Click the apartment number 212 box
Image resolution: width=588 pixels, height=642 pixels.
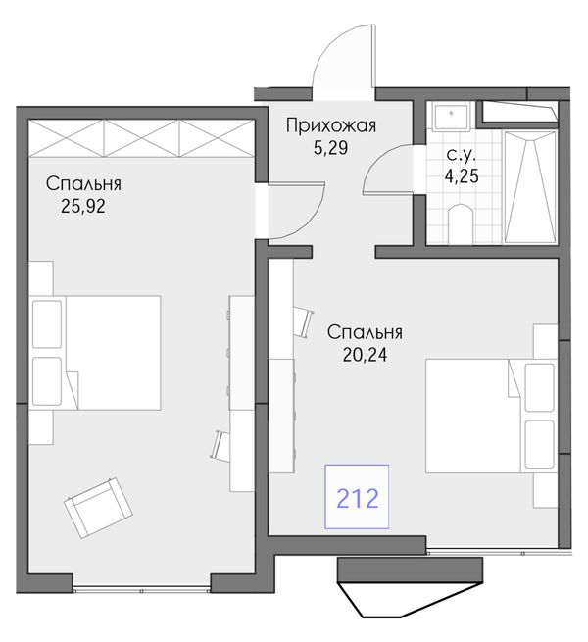357,496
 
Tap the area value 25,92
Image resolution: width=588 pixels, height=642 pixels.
83,206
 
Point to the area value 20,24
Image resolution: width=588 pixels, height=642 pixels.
365,355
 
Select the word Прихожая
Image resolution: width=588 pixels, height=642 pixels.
331,125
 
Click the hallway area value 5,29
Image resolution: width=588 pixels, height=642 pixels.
331,148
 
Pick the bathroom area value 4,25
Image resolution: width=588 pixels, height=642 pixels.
462,175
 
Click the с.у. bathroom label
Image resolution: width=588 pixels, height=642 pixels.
462,155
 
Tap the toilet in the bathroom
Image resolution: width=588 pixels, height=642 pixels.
461,223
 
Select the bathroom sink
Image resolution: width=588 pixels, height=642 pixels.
451,118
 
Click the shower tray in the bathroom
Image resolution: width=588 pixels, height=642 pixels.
531,187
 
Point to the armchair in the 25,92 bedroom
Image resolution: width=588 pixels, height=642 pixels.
98,508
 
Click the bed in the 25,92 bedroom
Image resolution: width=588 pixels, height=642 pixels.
95,353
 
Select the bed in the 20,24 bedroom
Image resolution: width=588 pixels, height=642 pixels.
491,416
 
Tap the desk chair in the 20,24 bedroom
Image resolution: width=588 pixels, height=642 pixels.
304,322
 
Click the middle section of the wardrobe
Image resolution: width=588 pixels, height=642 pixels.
142,138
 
